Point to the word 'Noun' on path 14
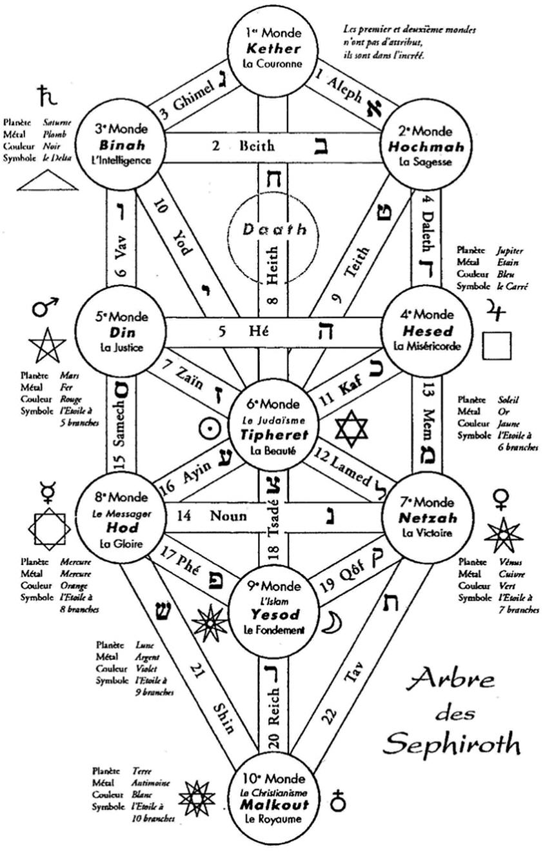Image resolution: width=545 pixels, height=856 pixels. coord(228,516)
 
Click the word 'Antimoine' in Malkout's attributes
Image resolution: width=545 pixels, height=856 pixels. coord(153,782)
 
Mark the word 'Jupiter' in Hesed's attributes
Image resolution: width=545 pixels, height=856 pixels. coord(510,250)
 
